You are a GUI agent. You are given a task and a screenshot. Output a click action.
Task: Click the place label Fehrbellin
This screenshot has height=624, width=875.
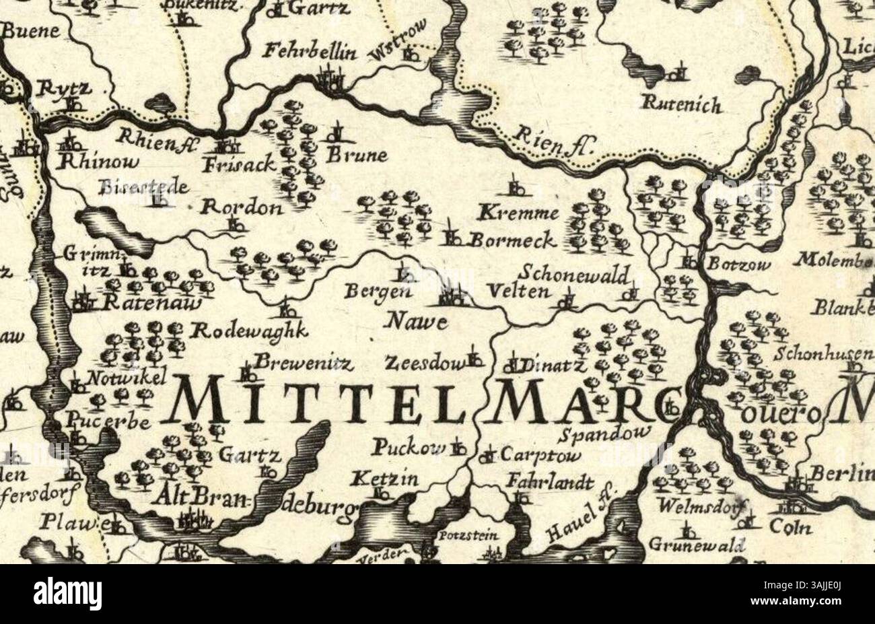(x=310, y=52)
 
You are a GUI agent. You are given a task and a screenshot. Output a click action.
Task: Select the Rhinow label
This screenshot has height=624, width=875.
(x=99, y=162)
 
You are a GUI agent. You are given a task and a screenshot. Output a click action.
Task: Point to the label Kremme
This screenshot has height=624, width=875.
(x=518, y=214)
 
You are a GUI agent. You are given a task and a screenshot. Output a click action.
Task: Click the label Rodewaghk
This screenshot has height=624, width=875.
(x=250, y=331)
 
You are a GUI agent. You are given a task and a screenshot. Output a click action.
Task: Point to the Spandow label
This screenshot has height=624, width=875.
(x=605, y=433)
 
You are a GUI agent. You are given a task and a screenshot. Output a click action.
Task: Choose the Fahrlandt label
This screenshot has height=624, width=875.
(x=551, y=483)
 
